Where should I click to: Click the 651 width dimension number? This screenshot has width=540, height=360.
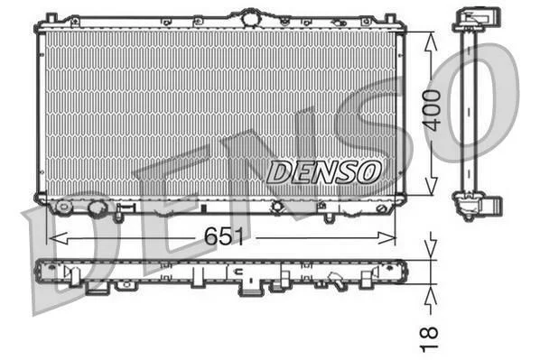224,236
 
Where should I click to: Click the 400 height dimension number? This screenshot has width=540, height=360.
433,110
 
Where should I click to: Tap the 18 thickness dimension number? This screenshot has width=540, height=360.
429,339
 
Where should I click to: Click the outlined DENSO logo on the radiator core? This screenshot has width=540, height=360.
324,171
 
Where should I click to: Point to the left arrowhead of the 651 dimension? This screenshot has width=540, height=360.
59,238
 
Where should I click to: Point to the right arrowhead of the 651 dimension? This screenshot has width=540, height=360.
386,238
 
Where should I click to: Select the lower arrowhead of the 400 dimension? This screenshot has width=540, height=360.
431,186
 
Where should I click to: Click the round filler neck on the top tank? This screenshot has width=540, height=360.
249,17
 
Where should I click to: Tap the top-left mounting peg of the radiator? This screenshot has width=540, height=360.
51,17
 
